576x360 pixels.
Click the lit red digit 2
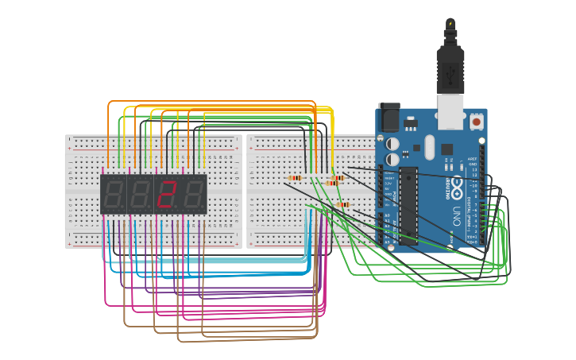[167, 194]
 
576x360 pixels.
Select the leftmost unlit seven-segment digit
[114, 194]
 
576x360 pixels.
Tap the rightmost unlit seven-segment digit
[194, 194]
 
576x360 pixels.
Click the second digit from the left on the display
[141, 194]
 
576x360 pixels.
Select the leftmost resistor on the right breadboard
[295, 178]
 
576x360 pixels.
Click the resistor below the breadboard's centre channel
[344, 204]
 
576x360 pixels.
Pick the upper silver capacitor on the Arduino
[392, 144]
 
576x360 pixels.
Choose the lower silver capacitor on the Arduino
[392, 160]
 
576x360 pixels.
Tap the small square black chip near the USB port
[446, 149]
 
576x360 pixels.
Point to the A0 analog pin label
[387, 215]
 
